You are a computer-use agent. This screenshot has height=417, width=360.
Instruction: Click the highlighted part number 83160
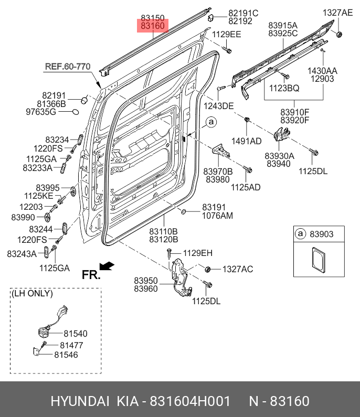pyautogui.click(x=153, y=26)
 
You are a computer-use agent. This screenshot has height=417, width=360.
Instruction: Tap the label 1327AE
pyautogui.click(x=337, y=13)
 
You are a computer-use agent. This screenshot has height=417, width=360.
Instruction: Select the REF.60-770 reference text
pyautogui.click(x=68, y=67)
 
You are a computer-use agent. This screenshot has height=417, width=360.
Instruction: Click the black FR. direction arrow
pyautogui.click(x=107, y=266)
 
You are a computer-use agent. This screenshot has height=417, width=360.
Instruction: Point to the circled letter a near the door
pyautogui.click(x=211, y=122)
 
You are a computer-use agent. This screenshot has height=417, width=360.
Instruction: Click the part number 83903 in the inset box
pyautogui.click(x=321, y=234)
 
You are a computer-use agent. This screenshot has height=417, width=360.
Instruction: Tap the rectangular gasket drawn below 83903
pyautogui.click(x=319, y=260)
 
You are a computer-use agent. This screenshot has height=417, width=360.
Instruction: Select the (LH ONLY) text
pyautogui.click(x=32, y=293)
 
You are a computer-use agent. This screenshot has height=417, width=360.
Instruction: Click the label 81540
pyautogui.click(x=76, y=334)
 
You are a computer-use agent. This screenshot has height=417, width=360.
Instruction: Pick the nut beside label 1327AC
pyautogui.click(x=208, y=269)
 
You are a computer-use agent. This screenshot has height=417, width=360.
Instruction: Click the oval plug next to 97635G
pyautogui.click(x=76, y=112)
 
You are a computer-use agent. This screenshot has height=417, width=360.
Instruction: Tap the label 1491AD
pyautogui.click(x=247, y=141)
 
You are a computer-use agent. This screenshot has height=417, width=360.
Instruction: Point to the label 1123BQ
pyautogui.click(x=284, y=88)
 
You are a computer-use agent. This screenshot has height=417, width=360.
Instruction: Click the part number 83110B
pyautogui.click(x=163, y=231)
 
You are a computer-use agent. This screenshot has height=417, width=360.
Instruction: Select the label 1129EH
pyautogui.click(x=198, y=253)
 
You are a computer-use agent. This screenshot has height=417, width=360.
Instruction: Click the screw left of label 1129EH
pyautogui.click(x=169, y=253)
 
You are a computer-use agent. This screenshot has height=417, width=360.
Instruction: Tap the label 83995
pyautogui.click(x=48, y=188)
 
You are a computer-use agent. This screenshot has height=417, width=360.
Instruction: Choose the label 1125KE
pyautogui.click(x=39, y=196)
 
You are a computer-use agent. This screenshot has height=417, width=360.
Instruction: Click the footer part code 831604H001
pyautogui.click(x=190, y=401)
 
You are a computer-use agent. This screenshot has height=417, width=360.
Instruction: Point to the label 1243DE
pyautogui.click(x=218, y=106)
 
